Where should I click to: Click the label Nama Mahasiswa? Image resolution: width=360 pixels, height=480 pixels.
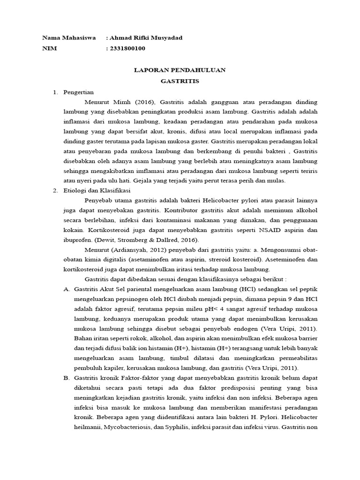click(x=69, y=37)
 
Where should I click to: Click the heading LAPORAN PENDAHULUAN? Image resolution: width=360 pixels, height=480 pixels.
click(x=180, y=70)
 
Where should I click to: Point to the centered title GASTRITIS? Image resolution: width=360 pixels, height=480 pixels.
click(x=180, y=81)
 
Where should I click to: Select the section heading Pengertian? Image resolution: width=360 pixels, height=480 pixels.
click(x=79, y=92)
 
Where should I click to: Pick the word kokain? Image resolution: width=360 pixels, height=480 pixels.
click(x=73, y=230)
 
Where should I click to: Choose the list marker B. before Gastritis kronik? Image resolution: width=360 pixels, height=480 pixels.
click(x=66, y=377)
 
